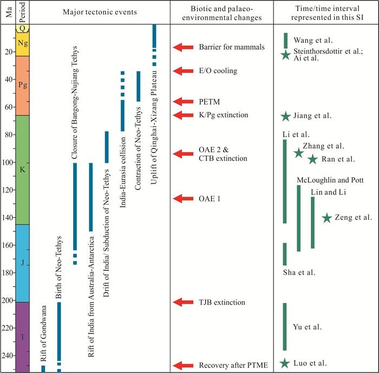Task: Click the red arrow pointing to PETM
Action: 184,101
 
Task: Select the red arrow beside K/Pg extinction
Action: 184,115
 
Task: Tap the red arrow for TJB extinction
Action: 184,302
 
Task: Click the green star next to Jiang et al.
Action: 285,116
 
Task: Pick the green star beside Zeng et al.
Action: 326,218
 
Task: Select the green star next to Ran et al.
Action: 312,159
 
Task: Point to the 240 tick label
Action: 9,356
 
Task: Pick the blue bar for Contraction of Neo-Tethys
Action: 138,86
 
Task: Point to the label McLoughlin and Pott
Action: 330,180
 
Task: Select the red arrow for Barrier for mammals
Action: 184,48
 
